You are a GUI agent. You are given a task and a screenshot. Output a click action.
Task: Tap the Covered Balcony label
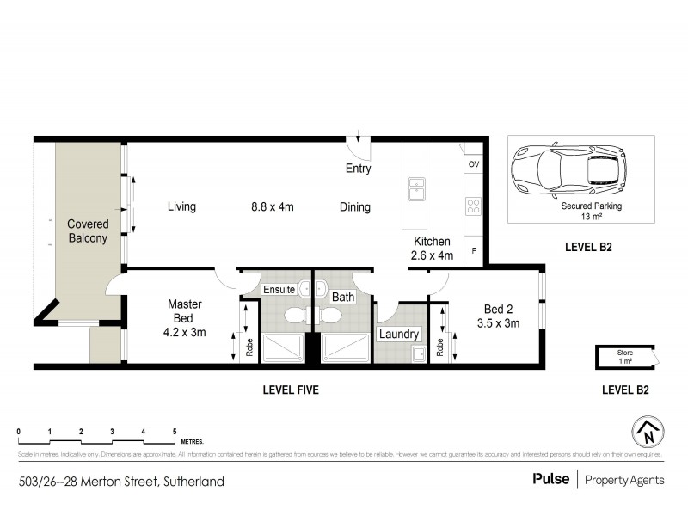(89, 230)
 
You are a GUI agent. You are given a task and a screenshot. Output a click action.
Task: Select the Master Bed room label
(185, 318)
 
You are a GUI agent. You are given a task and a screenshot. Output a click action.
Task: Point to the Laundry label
(399, 334)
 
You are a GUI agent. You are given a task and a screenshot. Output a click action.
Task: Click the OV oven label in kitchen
(473, 163)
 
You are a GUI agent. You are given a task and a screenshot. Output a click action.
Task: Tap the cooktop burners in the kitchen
(473, 206)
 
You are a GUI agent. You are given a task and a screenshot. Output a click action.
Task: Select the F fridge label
(473, 250)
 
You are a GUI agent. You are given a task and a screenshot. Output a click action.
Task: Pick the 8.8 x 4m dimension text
(273, 206)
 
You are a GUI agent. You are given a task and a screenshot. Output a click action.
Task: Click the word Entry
(358, 169)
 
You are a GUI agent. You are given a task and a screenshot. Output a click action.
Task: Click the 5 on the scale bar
(175, 432)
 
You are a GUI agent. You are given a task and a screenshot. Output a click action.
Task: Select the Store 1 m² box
(623, 356)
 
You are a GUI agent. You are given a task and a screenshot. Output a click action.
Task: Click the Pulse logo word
(551, 479)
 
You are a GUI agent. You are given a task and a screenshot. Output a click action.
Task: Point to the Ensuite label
(279, 289)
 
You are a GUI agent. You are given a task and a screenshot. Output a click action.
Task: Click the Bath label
(343, 297)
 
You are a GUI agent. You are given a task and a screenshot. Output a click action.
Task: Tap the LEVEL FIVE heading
(291, 390)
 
